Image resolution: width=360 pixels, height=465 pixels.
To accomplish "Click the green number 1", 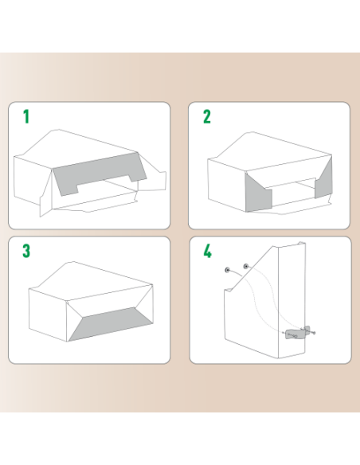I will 25,118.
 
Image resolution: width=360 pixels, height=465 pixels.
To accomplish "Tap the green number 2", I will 207,118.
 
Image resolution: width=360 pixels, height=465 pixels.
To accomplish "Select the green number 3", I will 26,252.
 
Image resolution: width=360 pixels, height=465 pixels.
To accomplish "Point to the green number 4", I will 208,252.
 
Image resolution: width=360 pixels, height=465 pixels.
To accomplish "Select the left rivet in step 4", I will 228,271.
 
